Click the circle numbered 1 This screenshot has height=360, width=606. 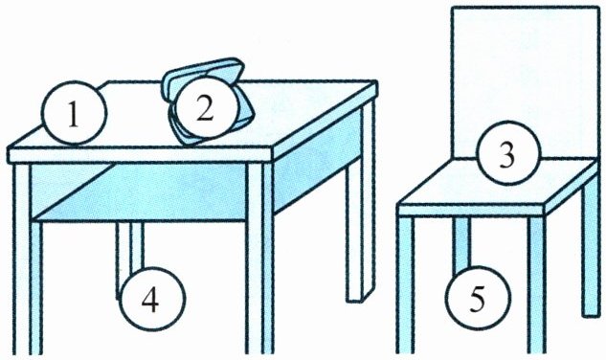75,113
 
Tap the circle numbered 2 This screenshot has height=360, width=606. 205,108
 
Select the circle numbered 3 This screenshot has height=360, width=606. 507,153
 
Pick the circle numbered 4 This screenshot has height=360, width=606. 152,298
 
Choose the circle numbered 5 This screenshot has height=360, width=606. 478,298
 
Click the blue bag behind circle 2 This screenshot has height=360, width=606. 204,101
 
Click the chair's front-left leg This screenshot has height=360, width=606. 406,284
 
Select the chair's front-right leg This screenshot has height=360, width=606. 537,284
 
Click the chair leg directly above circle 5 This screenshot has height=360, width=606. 462,243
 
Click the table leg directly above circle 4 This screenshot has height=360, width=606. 130,247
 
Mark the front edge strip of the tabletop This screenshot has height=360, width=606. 141,155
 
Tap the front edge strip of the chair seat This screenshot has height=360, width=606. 471,210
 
